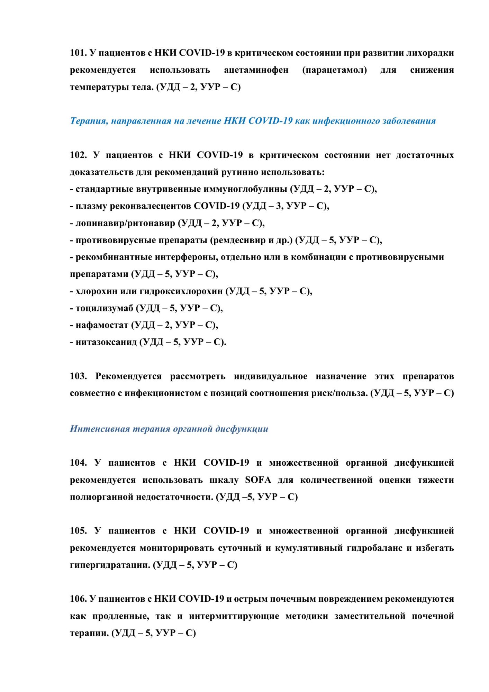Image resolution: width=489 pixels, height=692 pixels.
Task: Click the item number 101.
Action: [78, 53]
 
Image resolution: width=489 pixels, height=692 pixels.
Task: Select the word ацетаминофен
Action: [256, 70]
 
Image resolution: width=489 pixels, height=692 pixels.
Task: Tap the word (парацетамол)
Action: [334, 70]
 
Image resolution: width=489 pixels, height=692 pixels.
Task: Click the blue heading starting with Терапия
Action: [253, 121]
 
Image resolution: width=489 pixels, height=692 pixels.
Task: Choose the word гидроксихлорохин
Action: [181, 291]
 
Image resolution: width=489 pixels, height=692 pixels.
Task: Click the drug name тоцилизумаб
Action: [104, 308]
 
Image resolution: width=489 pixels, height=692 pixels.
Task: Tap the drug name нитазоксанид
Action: [106, 342]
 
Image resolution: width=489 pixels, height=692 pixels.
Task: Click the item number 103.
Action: [78, 376]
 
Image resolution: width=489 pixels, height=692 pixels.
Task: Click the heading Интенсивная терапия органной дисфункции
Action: [169, 429]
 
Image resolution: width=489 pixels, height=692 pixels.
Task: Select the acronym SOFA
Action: [258, 480]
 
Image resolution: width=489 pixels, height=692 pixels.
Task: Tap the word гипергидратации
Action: [110, 565]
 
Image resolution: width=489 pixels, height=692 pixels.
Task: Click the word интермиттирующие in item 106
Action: [234, 616]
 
